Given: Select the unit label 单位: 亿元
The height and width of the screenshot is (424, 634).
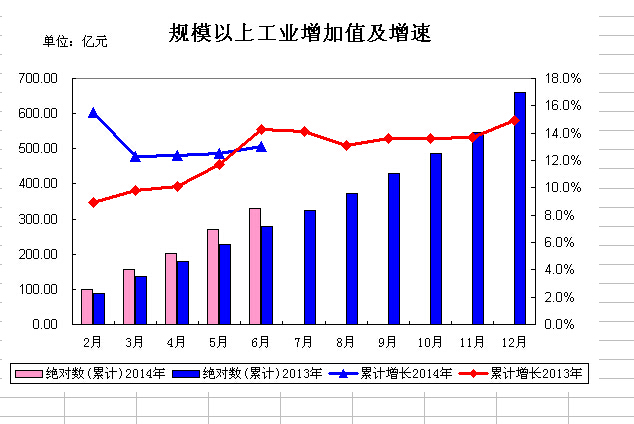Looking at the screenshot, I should click(75, 41).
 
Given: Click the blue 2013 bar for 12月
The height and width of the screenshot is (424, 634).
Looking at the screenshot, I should click(519, 208).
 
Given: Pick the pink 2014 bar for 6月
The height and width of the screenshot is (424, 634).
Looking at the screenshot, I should click(255, 266).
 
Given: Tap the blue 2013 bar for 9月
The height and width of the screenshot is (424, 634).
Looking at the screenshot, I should click(393, 249).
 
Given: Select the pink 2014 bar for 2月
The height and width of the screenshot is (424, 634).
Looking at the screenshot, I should click(87, 306).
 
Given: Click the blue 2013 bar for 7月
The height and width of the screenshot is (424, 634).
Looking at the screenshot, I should click(309, 267).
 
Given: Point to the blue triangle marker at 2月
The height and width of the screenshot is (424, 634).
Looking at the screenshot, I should click(93, 113).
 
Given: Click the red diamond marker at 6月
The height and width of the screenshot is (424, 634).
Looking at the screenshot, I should click(261, 129).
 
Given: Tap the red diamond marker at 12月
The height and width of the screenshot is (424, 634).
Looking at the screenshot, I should click(514, 120).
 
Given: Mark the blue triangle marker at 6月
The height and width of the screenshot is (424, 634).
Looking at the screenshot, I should click(261, 147).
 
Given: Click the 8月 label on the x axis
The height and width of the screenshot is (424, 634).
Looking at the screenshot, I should click(345, 343).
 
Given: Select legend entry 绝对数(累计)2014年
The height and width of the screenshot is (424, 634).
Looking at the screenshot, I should click(79, 374).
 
